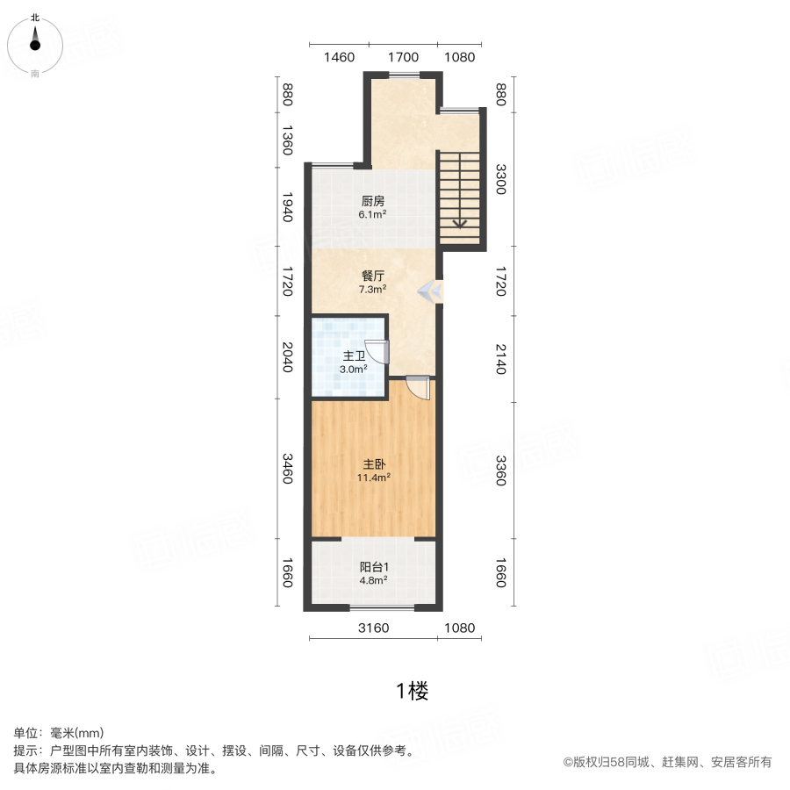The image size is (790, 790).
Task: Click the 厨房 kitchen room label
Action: point(373,201)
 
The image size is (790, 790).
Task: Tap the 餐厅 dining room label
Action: point(373,276)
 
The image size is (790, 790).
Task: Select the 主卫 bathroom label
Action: point(354,356)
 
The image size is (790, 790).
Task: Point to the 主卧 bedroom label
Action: point(374,464)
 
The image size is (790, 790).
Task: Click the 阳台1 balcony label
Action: point(374,567)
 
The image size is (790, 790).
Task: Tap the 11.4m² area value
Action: point(374,478)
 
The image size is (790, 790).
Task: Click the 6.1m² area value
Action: point(372,214)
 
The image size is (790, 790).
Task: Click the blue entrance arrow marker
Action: point(430,291)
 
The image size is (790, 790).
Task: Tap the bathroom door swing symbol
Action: point(377,351)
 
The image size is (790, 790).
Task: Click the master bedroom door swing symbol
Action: point(418,388)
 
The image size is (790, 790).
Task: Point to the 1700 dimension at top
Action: point(403,57)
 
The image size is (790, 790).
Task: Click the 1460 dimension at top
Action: point(339,57)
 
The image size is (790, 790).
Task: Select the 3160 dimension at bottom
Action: point(373,628)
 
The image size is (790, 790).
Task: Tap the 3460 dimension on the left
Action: point(287,469)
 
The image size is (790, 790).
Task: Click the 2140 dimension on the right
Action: point(500,359)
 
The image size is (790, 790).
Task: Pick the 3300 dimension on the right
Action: point(500,179)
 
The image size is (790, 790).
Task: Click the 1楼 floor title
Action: point(413,691)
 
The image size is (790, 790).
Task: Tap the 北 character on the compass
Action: point(35,18)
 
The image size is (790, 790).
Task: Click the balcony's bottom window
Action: point(383,607)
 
